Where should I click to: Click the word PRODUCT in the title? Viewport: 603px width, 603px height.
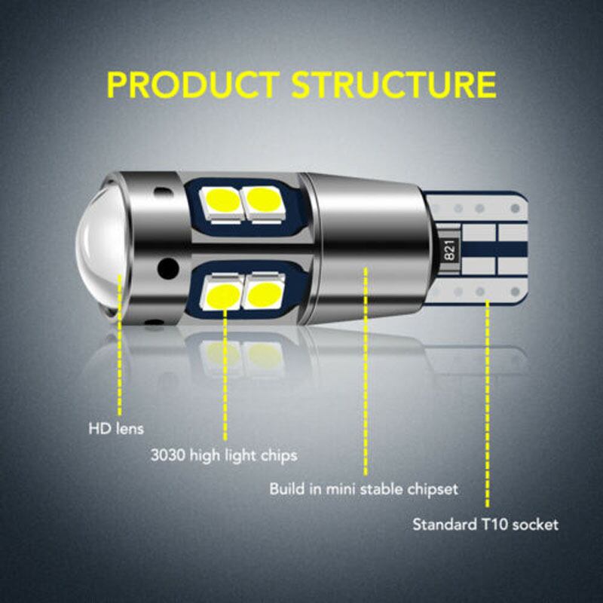(193, 84)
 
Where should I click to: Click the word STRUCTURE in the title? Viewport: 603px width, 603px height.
(393, 84)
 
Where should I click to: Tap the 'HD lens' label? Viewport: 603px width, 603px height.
(116, 428)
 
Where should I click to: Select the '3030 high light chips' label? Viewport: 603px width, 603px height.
(224, 455)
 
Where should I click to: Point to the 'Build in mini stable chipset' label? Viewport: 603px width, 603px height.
(363, 489)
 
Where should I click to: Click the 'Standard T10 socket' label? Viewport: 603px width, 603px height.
(485, 524)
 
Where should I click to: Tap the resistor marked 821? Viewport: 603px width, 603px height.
(449, 250)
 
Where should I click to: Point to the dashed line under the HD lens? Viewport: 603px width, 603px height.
(120, 345)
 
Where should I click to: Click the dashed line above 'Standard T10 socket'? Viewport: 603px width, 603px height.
(487, 404)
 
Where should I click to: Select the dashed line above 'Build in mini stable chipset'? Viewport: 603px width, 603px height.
(366, 372)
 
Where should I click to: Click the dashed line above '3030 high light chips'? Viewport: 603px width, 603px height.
(225, 375)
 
